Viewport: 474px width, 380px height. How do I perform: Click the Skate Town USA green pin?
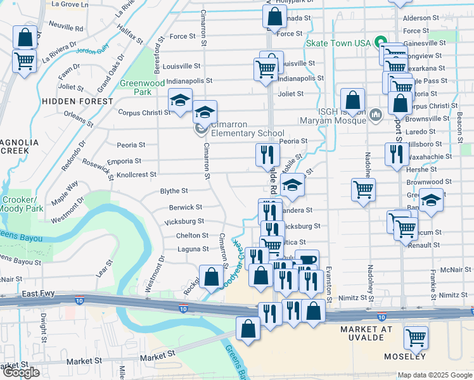coord(380,42)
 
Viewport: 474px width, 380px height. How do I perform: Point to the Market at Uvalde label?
coord(371,329)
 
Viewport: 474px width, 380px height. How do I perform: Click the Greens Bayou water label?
coord(21,238)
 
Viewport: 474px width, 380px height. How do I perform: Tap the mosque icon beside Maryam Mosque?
coord(376,115)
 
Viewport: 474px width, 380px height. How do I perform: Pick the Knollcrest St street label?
coord(136,174)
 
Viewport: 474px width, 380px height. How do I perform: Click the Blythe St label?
coord(174,191)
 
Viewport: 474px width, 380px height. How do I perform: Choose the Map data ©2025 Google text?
coord(435,375)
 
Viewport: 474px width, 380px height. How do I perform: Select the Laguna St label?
coord(193,250)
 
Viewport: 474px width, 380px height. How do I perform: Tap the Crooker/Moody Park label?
coord(22,203)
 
